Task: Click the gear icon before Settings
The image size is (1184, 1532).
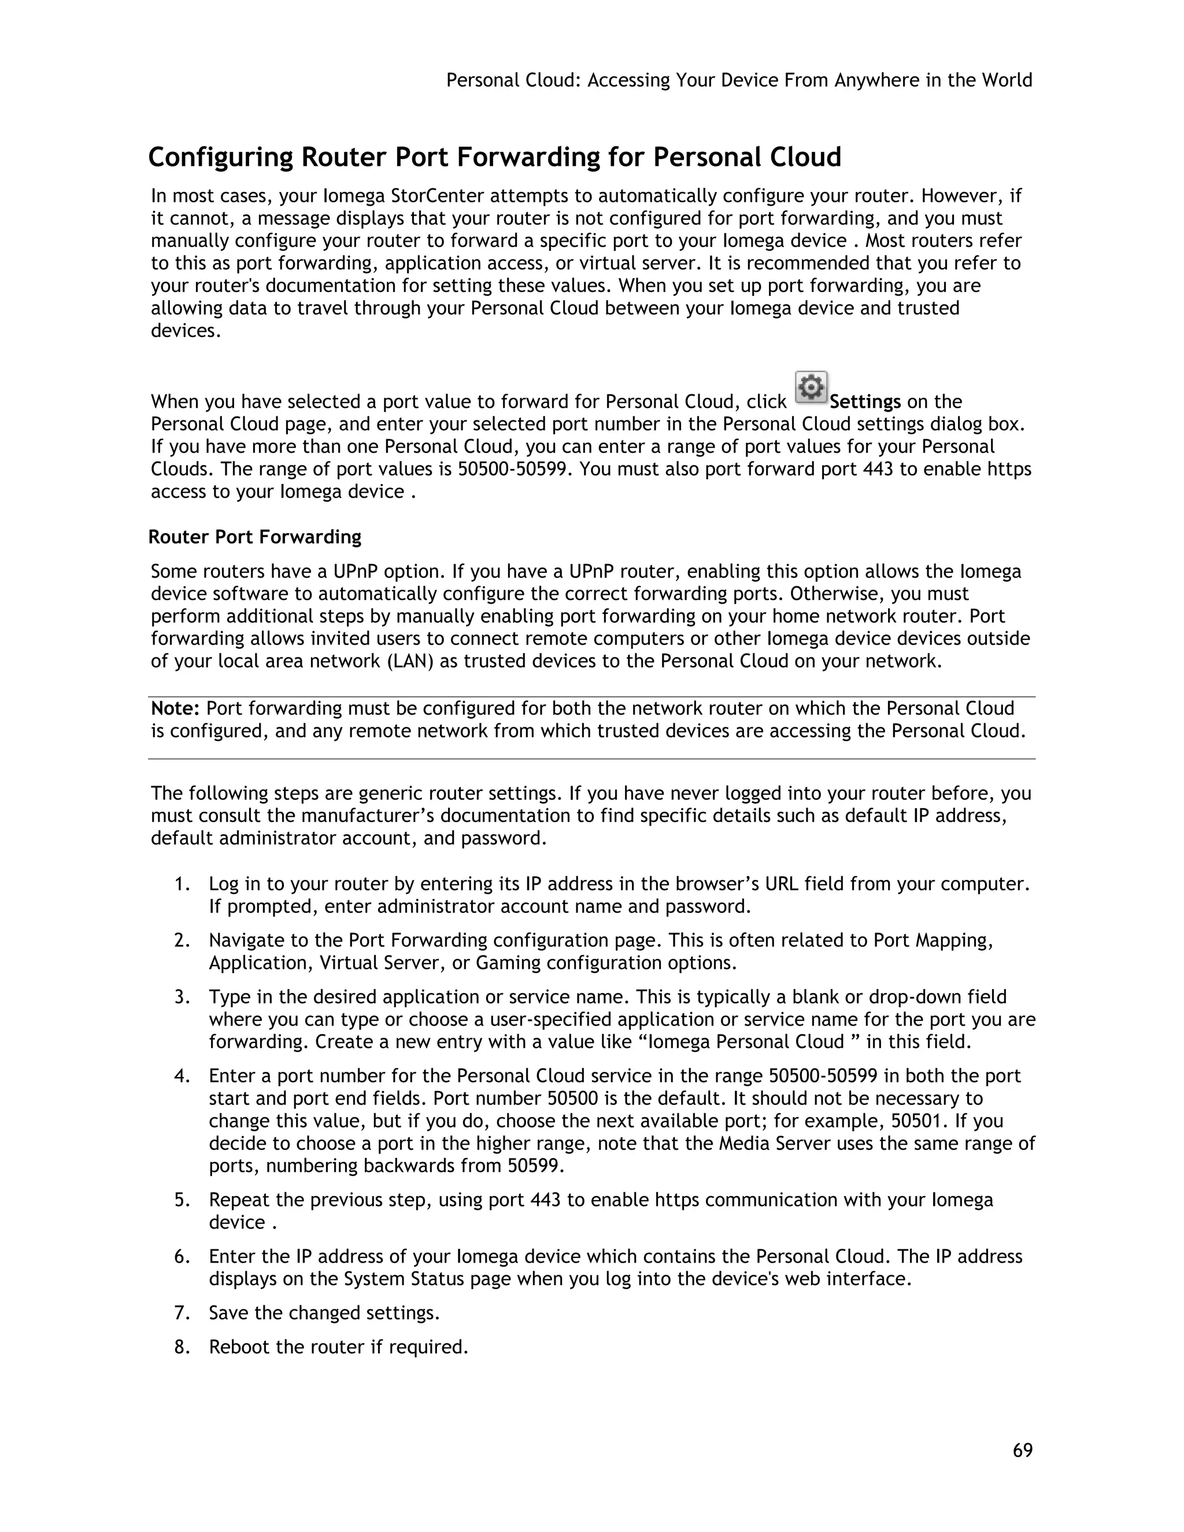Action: (x=811, y=387)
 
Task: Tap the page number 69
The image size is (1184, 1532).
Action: (x=1023, y=1450)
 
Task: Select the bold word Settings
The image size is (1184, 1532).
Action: (x=865, y=402)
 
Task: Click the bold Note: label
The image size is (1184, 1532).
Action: (x=176, y=709)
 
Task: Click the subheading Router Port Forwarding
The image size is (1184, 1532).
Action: (x=254, y=537)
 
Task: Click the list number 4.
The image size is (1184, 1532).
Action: (x=182, y=1076)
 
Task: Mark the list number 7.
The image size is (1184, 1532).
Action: (x=182, y=1313)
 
